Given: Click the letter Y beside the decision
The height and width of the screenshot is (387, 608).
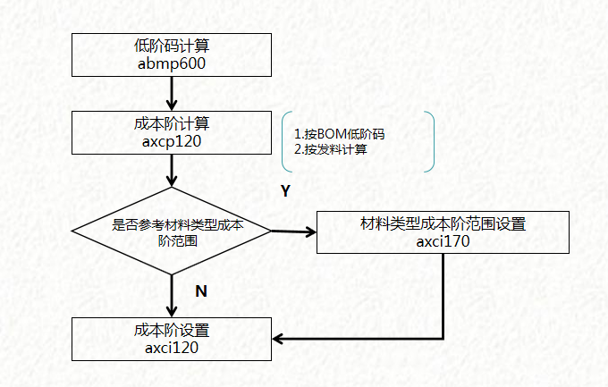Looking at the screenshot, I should click(285, 190).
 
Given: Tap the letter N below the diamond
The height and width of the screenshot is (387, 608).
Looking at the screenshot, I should click(201, 290).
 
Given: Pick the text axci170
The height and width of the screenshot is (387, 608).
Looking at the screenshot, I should click(443, 240).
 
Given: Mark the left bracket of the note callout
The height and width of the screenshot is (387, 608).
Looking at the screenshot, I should click(283, 141).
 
